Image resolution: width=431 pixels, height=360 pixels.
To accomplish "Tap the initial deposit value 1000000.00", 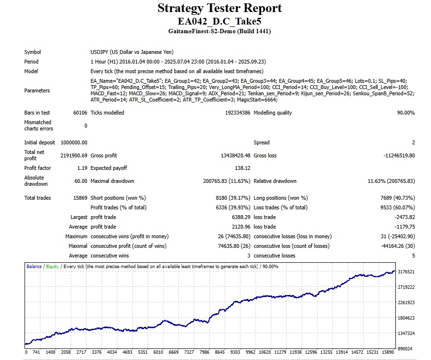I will point(74,142).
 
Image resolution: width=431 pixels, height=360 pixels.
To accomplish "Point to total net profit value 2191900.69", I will point(74,155).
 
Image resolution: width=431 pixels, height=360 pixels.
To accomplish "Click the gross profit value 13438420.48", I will point(233,155).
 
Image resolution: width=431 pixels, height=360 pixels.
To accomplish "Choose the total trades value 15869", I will point(79,198).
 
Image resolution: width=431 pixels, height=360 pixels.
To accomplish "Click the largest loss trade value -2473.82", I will point(404,217).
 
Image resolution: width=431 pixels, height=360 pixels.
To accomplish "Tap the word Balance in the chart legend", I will point(34,266).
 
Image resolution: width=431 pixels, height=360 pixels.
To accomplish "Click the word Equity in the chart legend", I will point(52,266).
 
